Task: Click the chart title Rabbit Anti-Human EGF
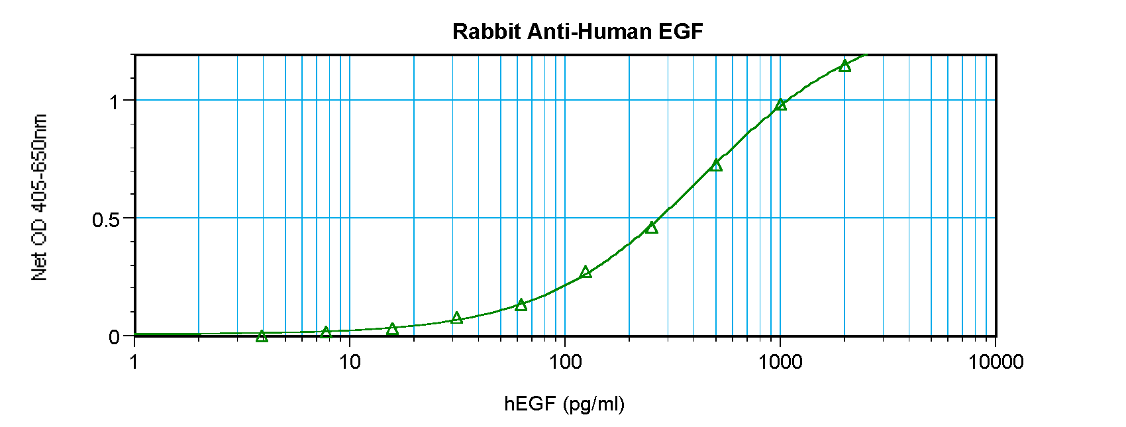click(578, 31)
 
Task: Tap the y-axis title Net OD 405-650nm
click(40, 197)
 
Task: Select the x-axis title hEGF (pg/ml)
click(564, 403)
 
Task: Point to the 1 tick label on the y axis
click(114, 101)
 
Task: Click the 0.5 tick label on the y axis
click(106, 219)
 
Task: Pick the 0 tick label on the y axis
click(114, 337)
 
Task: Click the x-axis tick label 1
click(134, 362)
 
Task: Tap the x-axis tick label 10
click(350, 362)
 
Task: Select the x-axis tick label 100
click(564, 362)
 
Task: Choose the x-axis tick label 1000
click(780, 362)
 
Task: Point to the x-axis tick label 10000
click(995, 362)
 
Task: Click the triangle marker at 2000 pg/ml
click(844, 66)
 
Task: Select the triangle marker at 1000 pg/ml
click(780, 104)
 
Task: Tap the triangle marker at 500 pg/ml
click(715, 165)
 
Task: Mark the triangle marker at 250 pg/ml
click(651, 227)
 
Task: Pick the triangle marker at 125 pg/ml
click(586, 271)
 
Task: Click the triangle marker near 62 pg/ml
click(521, 305)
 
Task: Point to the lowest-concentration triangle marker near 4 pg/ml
click(262, 336)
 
